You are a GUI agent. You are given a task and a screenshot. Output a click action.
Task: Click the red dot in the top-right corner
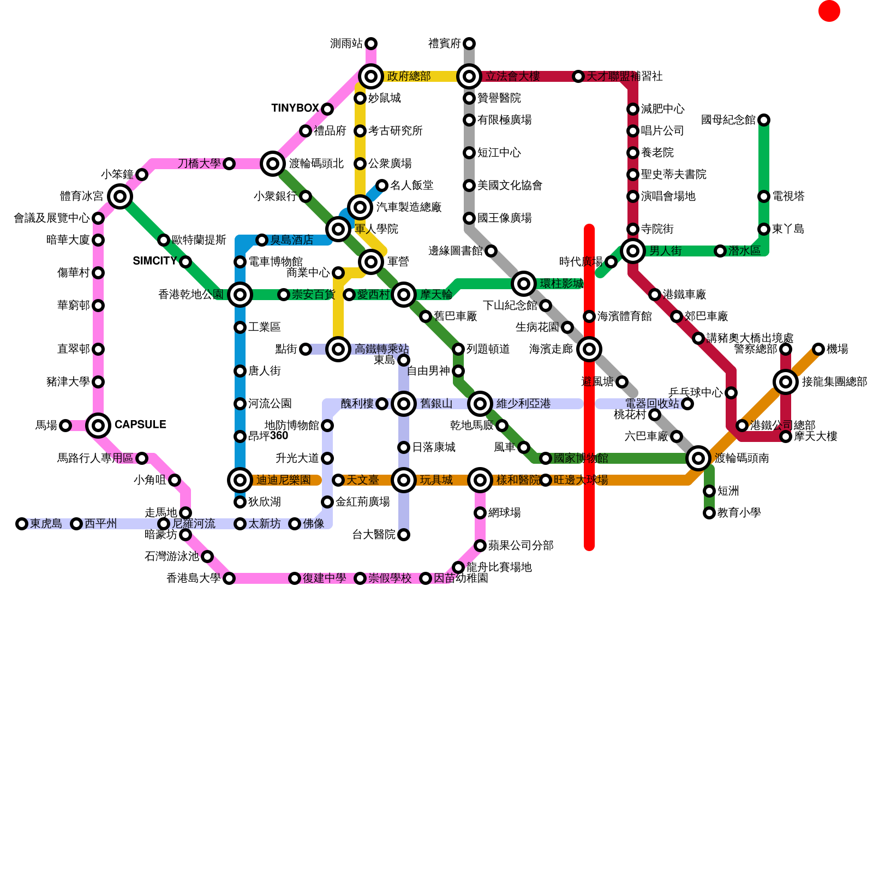coord(829,11)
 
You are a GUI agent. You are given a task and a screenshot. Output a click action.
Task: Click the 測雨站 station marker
coord(371,44)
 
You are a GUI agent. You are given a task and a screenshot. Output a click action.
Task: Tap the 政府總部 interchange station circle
coord(371,76)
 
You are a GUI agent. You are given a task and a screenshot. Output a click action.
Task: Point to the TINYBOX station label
coord(295,108)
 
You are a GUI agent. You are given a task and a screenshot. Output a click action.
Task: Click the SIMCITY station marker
coord(186,262)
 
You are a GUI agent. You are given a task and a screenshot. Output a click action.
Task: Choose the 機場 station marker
coord(818,349)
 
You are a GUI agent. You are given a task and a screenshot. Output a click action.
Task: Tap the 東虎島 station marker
coord(22,524)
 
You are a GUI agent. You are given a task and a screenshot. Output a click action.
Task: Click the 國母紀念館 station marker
coord(764,120)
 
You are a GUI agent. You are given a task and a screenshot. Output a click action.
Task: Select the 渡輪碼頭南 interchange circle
coord(698,458)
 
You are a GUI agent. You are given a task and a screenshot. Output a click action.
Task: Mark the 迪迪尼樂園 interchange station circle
coord(240,480)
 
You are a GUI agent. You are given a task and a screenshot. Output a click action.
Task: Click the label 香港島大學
coord(194,578)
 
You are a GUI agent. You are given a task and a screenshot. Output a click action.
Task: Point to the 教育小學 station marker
coord(709,513)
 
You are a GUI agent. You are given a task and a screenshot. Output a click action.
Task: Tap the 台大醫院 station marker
coord(404,535)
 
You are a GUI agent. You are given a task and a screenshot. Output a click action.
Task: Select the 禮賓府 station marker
coord(469,44)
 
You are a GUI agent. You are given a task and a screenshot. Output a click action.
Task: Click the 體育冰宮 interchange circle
coord(120,196)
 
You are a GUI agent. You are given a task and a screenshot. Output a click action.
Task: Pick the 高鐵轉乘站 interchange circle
coord(338,349)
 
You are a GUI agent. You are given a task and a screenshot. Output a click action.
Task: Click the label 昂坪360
coord(268,435)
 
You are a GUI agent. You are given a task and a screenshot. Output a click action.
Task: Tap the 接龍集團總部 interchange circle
coord(786,382)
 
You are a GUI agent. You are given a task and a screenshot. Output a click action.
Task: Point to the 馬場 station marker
coord(65,426)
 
